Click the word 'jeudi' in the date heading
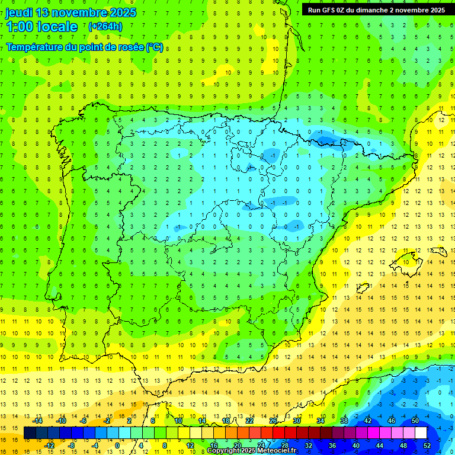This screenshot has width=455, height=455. (x=19, y=12)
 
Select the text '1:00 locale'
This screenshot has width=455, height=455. (x=42, y=27)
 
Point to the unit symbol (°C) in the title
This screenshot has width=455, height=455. (x=155, y=47)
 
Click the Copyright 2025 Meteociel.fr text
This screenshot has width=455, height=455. (x=252, y=451)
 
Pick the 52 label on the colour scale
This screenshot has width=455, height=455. (x=427, y=446)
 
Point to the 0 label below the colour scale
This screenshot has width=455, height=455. (x=117, y=446)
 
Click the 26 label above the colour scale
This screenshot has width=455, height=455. (x=273, y=421)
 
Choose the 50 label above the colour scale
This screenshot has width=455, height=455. (x=415, y=421)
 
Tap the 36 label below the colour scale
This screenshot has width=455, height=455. (x=332, y=446)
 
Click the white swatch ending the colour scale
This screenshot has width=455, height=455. (x=427, y=433)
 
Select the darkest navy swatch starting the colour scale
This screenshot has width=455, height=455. (x=30, y=433)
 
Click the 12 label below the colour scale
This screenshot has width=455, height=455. (x=190, y=446)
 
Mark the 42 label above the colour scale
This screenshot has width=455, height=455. (x=368, y=421)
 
